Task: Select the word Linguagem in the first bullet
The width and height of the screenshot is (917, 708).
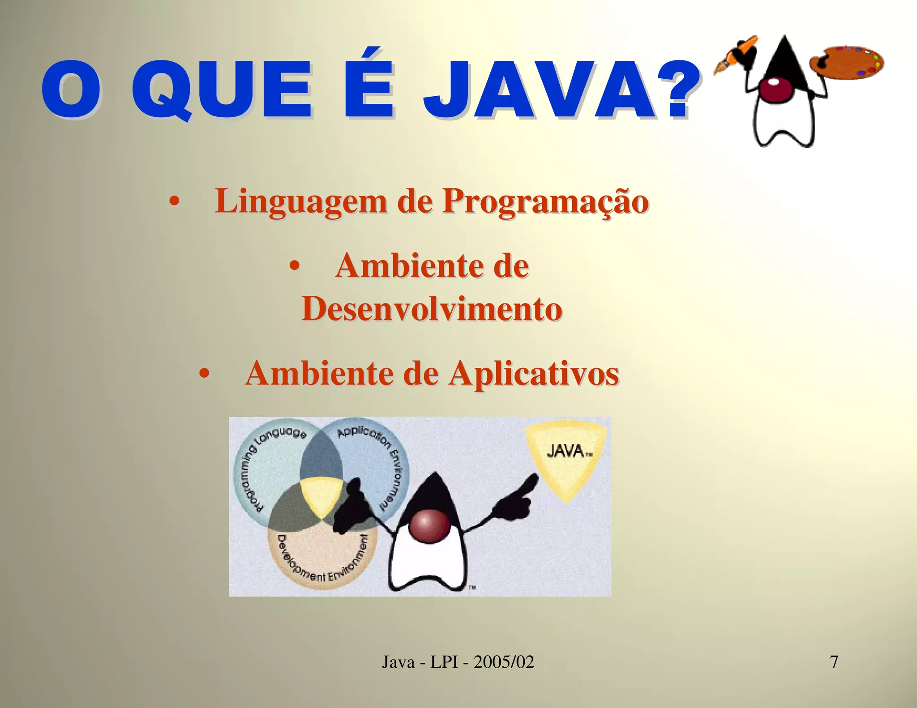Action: (x=301, y=201)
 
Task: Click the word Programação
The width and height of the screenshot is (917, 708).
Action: (x=545, y=201)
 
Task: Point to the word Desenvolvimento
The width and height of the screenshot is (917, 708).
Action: (x=432, y=309)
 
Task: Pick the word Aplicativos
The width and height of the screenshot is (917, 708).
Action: (x=534, y=373)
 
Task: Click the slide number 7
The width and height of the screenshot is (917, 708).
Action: (x=834, y=661)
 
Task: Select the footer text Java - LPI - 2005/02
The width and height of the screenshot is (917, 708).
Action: (x=458, y=661)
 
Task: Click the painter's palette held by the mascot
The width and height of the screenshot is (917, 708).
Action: (x=848, y=63)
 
